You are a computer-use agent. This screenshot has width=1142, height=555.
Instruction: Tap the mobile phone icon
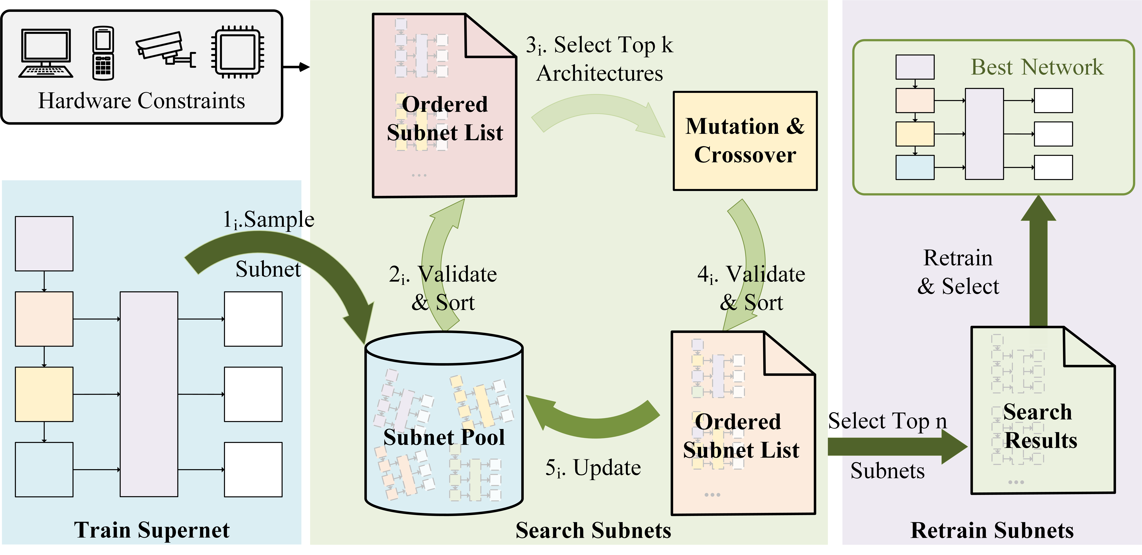coord(103,53)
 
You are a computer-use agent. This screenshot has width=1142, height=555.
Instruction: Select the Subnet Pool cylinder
coord(444,424)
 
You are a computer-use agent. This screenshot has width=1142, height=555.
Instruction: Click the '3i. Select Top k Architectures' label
coord(599,59)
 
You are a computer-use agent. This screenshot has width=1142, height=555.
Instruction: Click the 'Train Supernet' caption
coord(152,530)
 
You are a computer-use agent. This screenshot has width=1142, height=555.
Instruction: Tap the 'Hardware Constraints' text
coord(141,101)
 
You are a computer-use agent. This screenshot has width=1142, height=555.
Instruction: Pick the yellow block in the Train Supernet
coord(44,394)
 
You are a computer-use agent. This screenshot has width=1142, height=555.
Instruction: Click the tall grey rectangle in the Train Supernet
coord(149,394)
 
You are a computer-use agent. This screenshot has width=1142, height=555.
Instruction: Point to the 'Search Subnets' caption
coord(593,530)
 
